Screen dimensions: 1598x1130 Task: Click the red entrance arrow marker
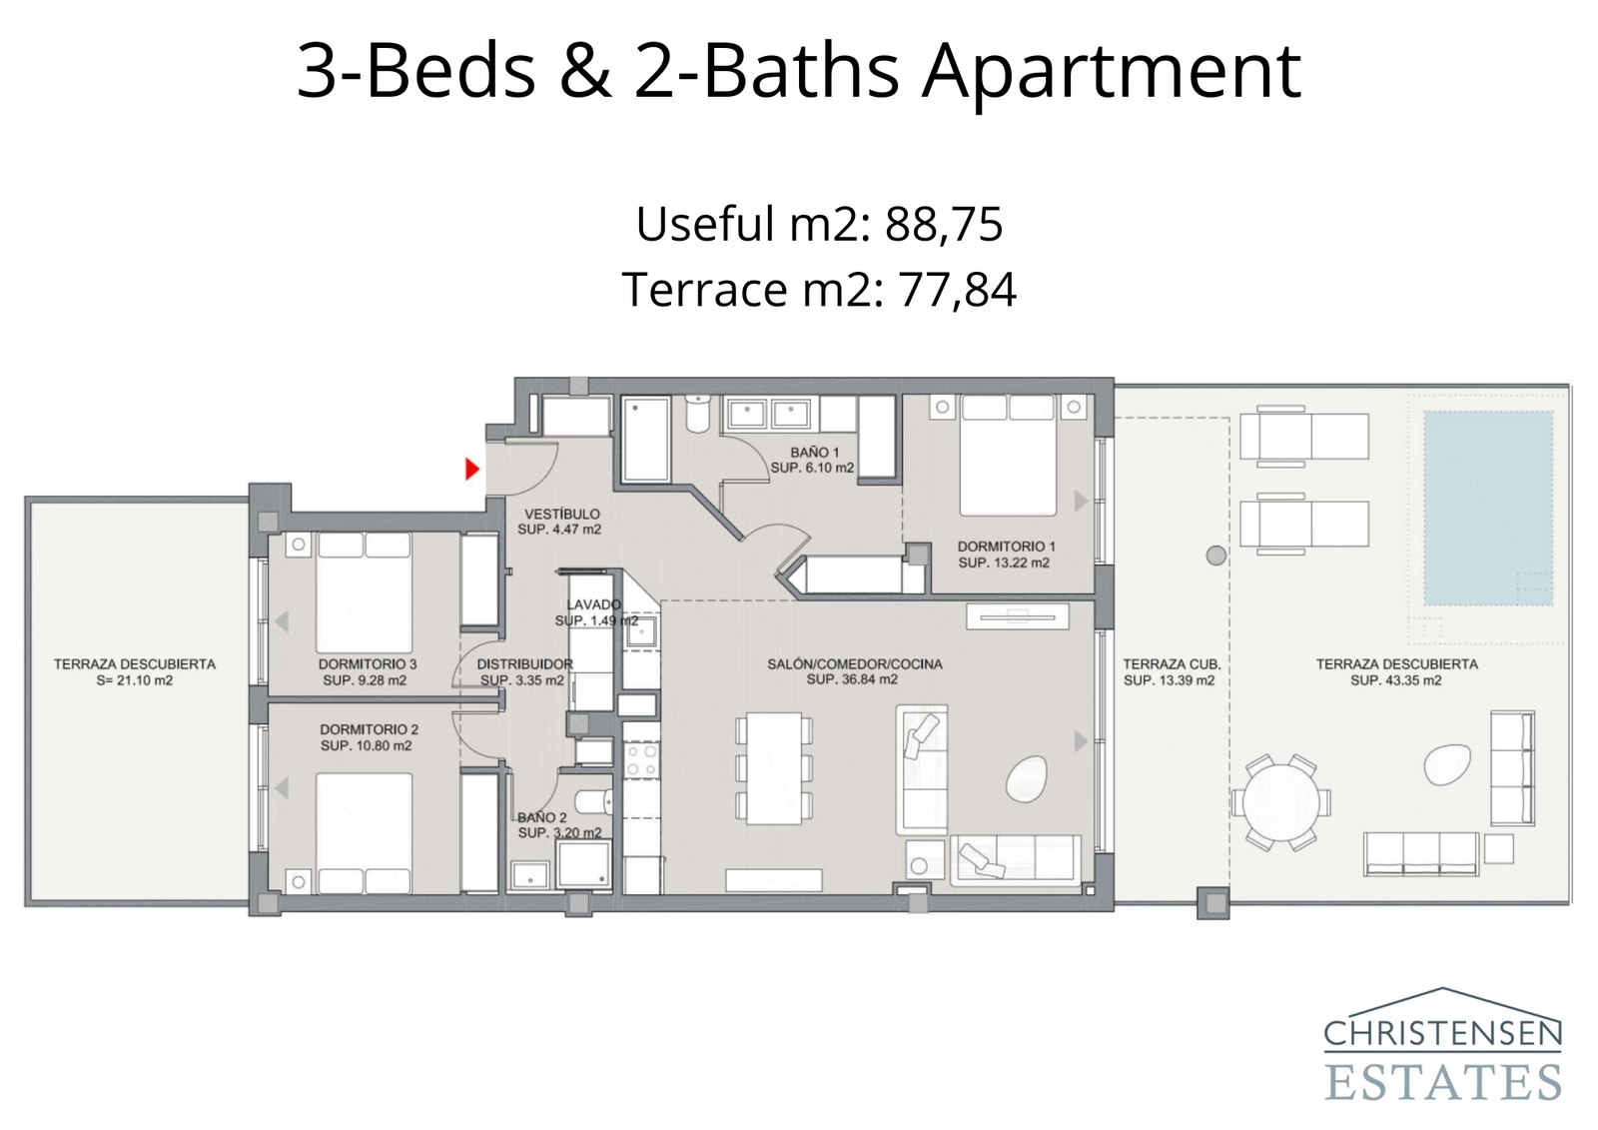tap(471, 469)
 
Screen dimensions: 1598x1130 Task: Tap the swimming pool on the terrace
tap(1488, 509)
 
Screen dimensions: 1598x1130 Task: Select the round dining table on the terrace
tap(1280, 803)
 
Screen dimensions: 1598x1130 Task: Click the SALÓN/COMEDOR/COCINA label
tap(855, 663)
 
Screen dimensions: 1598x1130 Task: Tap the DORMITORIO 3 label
tap(368, 663)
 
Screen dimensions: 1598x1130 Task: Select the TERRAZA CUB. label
tap(1173, 663)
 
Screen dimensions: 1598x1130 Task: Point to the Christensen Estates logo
tap(1443, 1044)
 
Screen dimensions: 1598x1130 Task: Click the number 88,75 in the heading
tap(944, 224)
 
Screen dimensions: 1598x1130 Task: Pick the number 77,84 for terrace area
tap(957, 289)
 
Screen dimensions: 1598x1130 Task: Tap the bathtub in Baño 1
tap(645, 440)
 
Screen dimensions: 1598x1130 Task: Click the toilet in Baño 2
tap(593, 801)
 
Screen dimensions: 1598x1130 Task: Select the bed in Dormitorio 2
tap(365, 833)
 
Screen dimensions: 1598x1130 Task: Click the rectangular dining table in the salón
tap(774, 768)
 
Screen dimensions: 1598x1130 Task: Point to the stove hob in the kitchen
tap(640, 759)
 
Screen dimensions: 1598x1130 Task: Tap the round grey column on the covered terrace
tap(1216, 556)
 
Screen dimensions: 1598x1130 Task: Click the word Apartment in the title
tap(1111, 71)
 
